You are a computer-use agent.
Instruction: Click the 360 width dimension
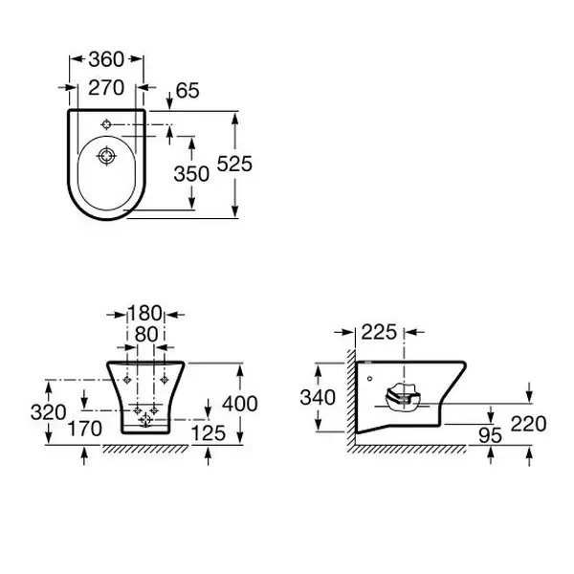click(x=106, y=59)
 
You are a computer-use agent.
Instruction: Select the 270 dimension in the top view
click(x=106, y=88)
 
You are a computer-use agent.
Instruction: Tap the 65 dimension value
click(x=188, y=91)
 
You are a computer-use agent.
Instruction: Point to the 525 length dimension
click(x=234, y=164)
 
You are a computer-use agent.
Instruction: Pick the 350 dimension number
click(x=191, y=174)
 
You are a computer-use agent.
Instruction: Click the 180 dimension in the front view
click(x=144, y=313)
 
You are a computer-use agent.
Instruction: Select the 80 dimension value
click(x=146, y=334)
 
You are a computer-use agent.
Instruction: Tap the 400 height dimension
click(x=240, y=404)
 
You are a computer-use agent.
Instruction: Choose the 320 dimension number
click(x=49, y=412)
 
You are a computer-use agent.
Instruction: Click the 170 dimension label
click(x=85, y=429)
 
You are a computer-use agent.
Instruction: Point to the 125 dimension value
click(x=209, y=433)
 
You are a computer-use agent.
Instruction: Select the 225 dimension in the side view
click(x=379, y=332)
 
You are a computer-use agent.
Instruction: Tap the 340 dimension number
click(x=318, y=398)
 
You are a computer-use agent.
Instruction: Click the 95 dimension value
click(x=490, y=435)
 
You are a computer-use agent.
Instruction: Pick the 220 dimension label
click(x=529, y=424)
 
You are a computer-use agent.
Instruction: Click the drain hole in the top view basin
click(x=106, y=156)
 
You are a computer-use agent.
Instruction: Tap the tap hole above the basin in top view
click(x=106, y=124)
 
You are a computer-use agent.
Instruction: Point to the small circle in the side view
click(x=369, y=379)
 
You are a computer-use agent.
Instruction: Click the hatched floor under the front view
click(x=145, y=450)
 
